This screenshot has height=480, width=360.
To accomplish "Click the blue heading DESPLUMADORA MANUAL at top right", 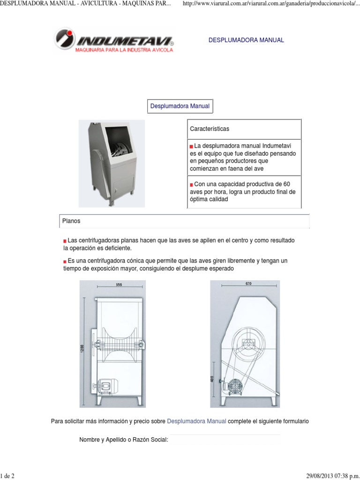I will click(246, 40).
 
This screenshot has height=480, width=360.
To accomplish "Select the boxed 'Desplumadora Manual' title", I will click(180, 107).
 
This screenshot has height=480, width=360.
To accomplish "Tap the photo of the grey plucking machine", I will click(112, 163).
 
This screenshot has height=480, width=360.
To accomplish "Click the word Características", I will click(210, 128).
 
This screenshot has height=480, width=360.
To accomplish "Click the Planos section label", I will click(71, 220).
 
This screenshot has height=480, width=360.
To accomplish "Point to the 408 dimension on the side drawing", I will click(213, 379).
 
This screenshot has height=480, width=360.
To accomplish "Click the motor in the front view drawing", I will click(105, 385).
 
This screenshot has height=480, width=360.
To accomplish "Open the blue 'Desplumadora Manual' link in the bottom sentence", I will click(196, 421).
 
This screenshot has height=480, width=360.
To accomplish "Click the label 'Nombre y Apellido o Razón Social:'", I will click(124, 440).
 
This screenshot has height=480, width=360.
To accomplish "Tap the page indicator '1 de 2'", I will click(7, 476).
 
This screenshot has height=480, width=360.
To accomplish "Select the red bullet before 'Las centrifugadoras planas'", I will click(65, 240).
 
